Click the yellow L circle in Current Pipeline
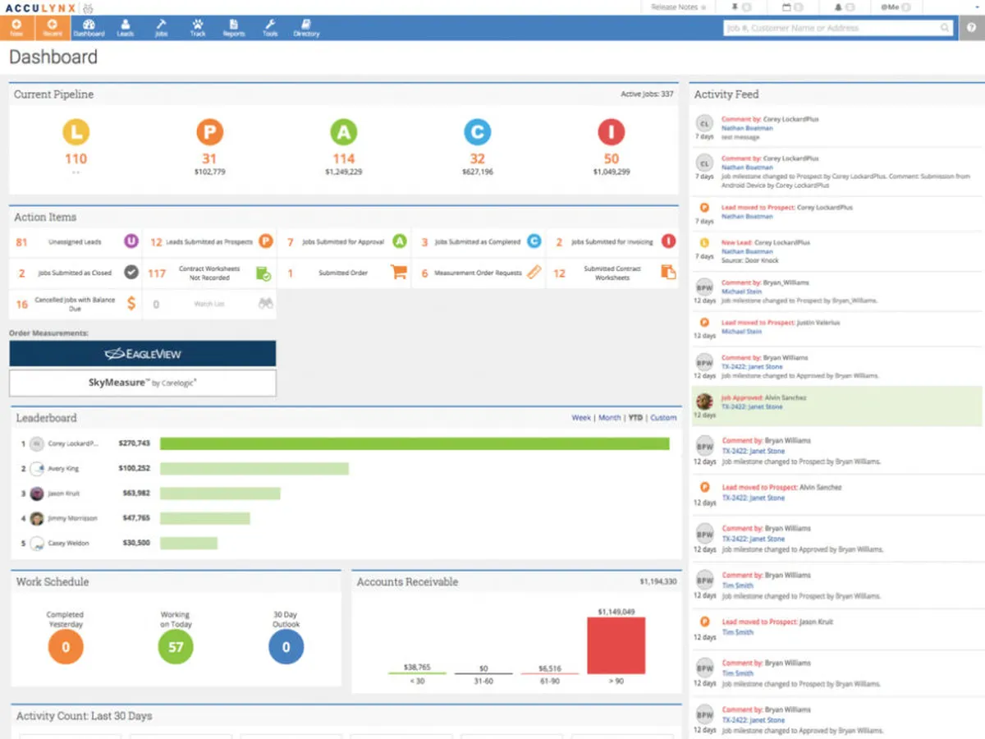[x=76, y=132]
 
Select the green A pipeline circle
[x=343, y=132]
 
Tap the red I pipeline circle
[x=611, y=132]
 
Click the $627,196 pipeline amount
[x=477, y=172]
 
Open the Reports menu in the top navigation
[x=234, y=28]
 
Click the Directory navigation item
[x=306, y=28]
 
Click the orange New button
[x=16, y=28]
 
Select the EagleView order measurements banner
[x=143, y=354]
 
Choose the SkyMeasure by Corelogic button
[x=143, y=383]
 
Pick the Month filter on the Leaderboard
[x=609, y=418]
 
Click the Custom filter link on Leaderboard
[x=663, y=418]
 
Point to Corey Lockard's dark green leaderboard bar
[x=415, y=443]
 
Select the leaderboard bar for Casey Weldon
[x=189, y=544]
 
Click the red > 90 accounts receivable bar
[x=616, y=646]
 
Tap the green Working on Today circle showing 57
[x=175, y=647]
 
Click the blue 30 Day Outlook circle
[x=286, y=647]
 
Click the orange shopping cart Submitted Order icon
[x=399, y=273]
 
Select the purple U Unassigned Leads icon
[x=131, y=241]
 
